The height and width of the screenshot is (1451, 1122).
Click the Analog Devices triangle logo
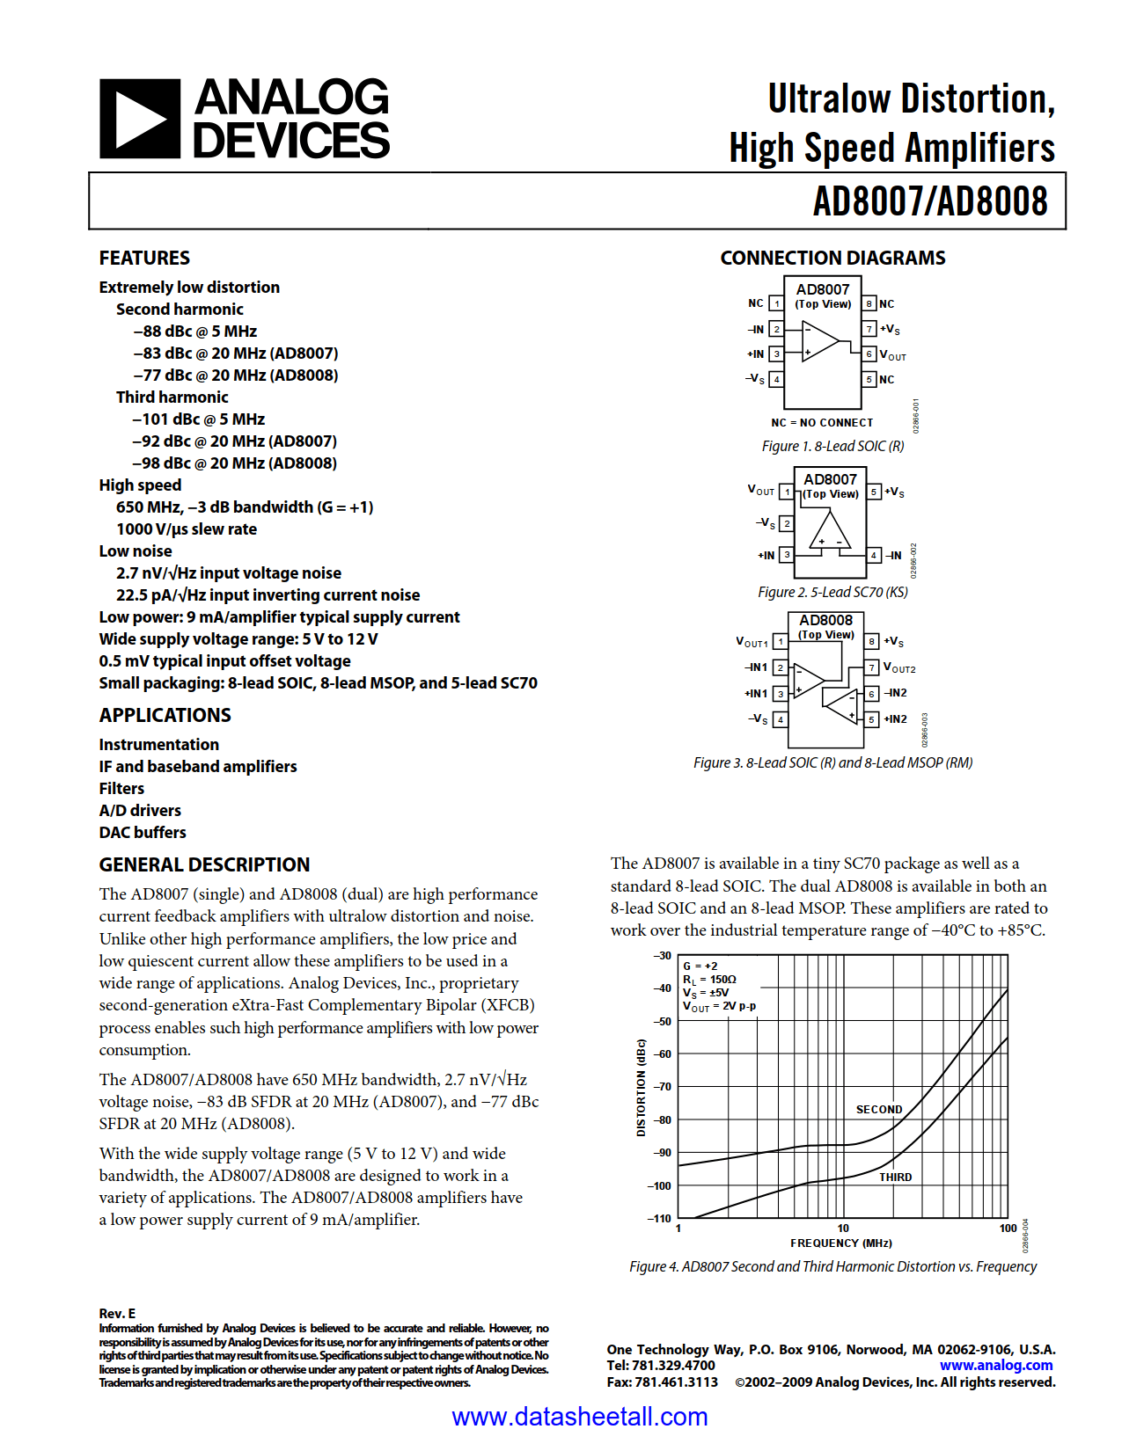[x=140, y=119]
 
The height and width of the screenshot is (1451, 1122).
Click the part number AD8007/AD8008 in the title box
[x=930, y=201]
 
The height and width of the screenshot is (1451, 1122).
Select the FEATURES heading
[x=144, y=258]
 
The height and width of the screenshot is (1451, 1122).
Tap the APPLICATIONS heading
[x=165, y=715]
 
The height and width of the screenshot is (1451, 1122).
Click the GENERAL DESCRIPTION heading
[x=204, y=864]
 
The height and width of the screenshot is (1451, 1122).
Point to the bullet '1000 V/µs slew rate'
[x=187, y=529]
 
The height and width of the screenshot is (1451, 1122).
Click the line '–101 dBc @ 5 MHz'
[x=199, y=419]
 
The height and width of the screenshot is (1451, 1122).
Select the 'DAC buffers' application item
[x=143, y=832]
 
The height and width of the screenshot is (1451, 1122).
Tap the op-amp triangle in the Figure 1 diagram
[x=819, y=341]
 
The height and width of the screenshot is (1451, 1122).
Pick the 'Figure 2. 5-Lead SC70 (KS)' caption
[x=832, y=592]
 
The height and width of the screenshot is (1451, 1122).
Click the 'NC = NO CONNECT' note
[x=822, y=423]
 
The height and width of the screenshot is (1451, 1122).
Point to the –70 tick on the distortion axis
[x=662, y=1087]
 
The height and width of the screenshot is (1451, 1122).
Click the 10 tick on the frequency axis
[x=843, y=1229]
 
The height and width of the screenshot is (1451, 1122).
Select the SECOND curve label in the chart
[x=878, y=1110]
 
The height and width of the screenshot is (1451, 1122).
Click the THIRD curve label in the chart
[x=895, y=1177]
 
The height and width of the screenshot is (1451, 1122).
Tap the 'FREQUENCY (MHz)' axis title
[x=840, y=1243]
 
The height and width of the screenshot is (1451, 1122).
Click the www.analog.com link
[x=996, y=1365]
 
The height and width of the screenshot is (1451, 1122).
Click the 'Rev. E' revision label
[x=117, y=1314]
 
